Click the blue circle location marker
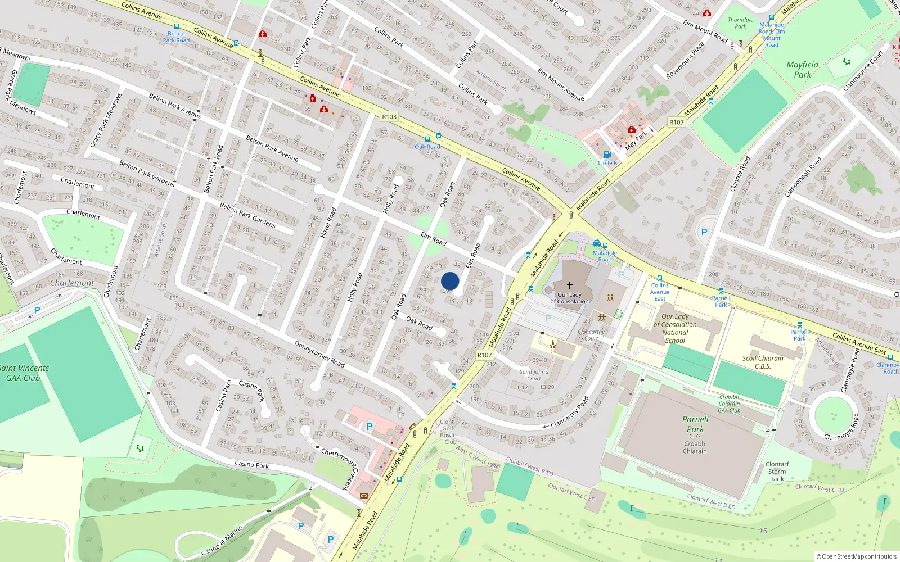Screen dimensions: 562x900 point(450,281)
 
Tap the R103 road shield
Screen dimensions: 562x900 point(389,117)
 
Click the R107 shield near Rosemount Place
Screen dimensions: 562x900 point(676,122)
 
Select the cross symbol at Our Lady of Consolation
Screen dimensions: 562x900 point(569,285)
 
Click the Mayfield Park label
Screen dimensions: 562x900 point(803,69)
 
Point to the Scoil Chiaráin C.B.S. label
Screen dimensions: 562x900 point(763,362)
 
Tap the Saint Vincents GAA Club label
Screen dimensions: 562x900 point(24,373)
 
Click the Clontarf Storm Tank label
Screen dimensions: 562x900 point(777,472)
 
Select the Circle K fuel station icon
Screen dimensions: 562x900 point(607,155)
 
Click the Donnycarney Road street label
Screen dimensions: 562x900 point(319,354)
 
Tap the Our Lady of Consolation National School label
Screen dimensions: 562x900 point(675,328)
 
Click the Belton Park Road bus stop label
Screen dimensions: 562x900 point(176,37)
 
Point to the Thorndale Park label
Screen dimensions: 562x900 point(740,23)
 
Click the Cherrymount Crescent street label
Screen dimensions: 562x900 point(339,468)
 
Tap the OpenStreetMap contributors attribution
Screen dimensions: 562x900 point(857,556)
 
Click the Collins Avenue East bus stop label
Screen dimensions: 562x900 point(660,292)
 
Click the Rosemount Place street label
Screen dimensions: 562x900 point(685,60)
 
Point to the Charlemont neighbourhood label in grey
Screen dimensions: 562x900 point(72,283)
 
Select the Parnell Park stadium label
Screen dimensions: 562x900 point(695,424)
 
